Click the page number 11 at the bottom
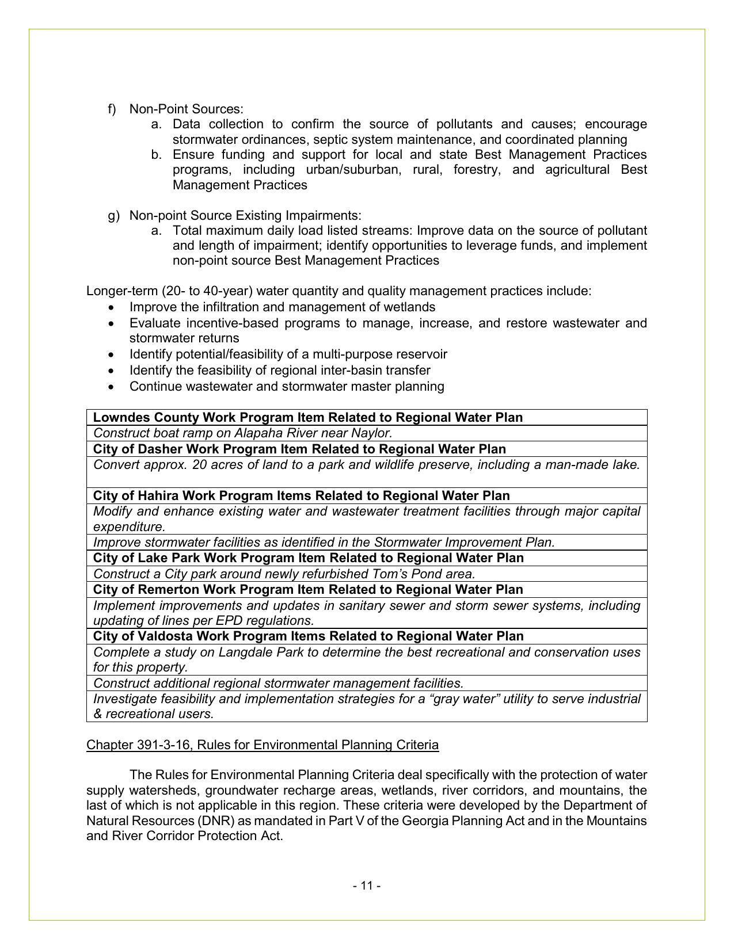[367, 886]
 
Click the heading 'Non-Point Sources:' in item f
[186, 109]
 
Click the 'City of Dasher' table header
[299, 449]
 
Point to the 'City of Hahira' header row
[301, 495]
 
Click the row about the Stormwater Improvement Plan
[324, 542]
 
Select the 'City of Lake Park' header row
[308, 558]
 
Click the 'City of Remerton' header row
[308, 589]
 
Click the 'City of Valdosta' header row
[308, 636]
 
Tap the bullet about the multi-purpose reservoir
[288, 354]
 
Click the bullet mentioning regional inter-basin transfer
[280, 370]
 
